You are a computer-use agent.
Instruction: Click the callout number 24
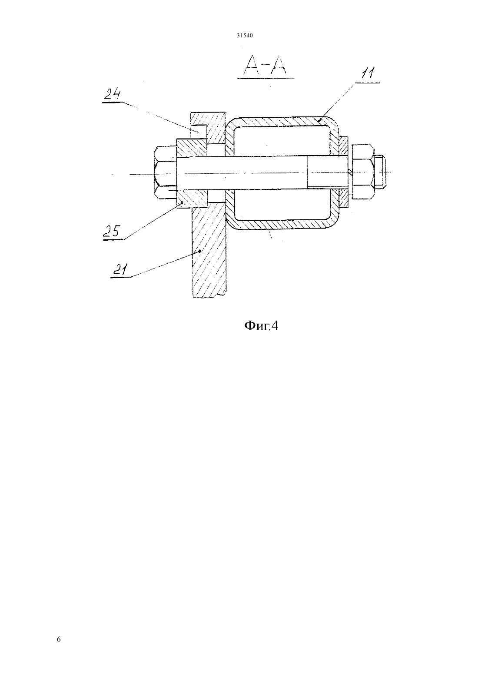113,94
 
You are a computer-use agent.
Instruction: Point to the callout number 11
368,73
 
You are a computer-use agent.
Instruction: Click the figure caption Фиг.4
261,326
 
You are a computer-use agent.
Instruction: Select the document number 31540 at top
245,35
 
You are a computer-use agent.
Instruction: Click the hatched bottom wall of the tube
282,224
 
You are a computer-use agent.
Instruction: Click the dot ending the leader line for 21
199,251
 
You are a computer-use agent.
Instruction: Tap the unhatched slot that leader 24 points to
198,132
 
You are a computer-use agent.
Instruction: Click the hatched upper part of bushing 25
192,148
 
